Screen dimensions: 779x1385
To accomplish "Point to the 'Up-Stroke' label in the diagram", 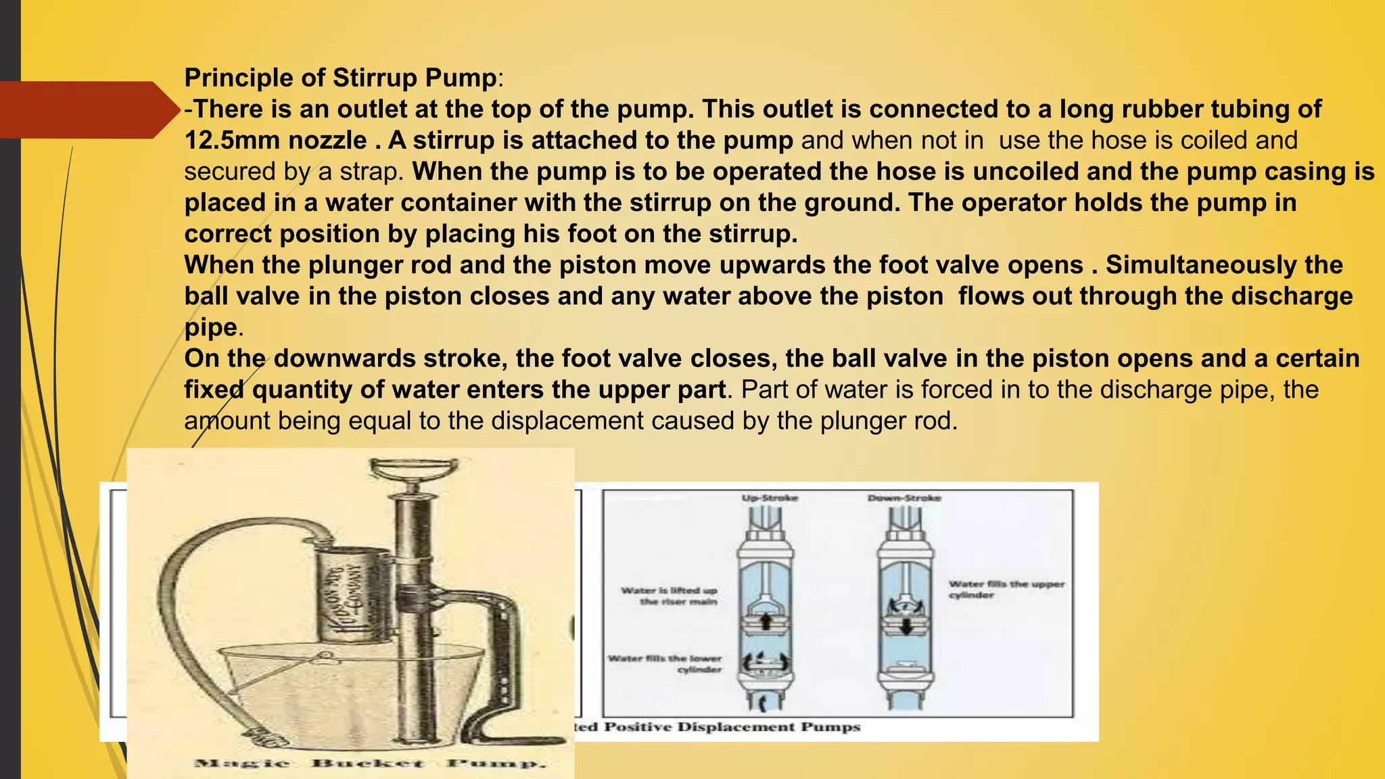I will (770, 498).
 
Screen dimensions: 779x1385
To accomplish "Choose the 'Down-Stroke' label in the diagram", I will (904, 498).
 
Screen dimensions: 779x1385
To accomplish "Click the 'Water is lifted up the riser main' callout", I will (670, 596).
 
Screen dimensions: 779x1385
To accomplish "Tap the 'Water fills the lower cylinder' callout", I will (665, 663).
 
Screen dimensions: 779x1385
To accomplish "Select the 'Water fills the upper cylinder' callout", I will (1006, 589).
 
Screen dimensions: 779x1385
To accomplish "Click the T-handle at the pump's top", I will (413, 469).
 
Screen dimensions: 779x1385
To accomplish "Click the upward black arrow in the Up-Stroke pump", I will (766, 621).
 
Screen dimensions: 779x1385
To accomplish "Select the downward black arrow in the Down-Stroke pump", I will (906, 625).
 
